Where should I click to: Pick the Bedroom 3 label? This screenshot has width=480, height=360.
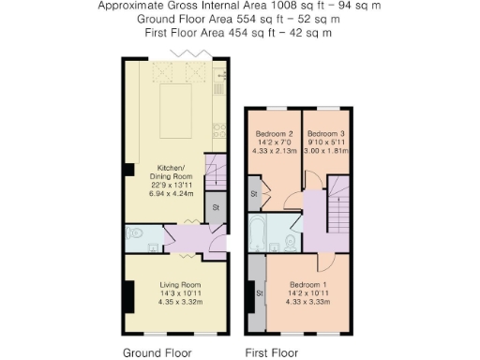tap(326, 133)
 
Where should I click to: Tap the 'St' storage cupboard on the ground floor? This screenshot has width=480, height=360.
tap(216, 207)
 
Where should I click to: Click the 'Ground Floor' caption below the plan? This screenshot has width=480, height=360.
tap(157, 353)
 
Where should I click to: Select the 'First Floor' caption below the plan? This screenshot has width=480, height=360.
tap(272, 353)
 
